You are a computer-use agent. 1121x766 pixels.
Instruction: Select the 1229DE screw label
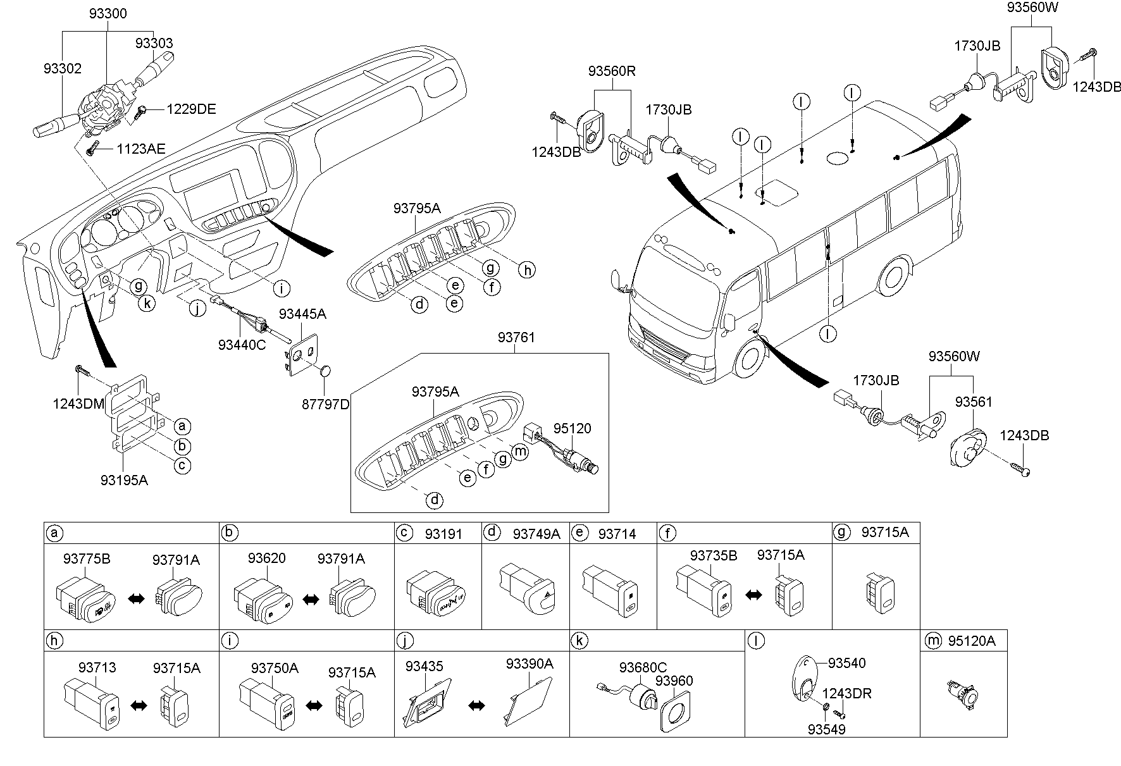tap(191, 109)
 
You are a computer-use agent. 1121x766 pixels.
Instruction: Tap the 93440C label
tap(242, 345)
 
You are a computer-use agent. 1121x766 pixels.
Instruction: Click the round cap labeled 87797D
tap(326, 371)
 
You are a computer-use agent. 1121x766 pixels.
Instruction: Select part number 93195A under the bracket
tap(124, 480)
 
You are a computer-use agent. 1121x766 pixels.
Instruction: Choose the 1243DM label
tap(78, 403)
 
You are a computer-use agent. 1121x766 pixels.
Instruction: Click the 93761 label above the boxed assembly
tap(516, 338)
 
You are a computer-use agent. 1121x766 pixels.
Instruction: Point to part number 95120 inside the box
tap(572, 429)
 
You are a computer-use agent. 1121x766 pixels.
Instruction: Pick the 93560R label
tap(611, 71)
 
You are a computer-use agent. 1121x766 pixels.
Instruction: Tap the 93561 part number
tap(974, 402)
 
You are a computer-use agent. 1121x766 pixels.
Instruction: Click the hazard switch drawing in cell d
tap(526, 590)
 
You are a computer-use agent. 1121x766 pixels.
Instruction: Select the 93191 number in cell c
tap(443, 534)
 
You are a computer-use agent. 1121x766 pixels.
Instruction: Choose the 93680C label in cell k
tap(643, 668)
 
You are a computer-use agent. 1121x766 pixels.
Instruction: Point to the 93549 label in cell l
tap(826, 729)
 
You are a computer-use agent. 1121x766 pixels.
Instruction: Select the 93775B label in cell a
tap(87, 559)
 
